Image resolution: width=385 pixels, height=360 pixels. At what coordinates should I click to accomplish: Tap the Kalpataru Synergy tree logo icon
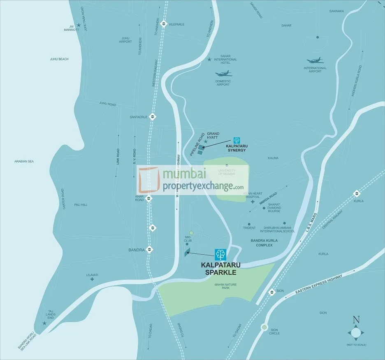point(237,140)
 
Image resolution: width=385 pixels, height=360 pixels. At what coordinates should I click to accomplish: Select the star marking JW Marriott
point(78,25)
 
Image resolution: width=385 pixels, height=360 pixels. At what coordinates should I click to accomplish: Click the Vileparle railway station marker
point(164,24)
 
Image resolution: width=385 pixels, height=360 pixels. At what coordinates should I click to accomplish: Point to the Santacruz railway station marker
point(153,116)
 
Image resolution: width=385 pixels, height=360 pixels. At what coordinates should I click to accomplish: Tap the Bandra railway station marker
point(150,249)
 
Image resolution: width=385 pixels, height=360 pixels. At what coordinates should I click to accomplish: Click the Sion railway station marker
point(271,292)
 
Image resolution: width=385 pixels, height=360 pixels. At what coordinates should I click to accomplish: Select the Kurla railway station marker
point(357,194)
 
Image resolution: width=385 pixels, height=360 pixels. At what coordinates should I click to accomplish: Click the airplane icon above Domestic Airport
point(223,74)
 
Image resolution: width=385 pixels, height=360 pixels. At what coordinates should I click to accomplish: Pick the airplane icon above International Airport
point(315,60)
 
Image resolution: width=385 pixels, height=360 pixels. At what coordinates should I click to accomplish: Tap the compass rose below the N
point(356,332)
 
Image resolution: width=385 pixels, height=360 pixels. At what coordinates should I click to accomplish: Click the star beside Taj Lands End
point(44,323)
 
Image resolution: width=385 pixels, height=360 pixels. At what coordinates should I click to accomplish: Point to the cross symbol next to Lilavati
point(92,279)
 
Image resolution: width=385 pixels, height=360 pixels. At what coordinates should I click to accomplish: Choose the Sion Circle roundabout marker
point(264,328)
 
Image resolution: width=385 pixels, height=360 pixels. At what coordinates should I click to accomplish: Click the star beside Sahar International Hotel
point(209,60)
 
